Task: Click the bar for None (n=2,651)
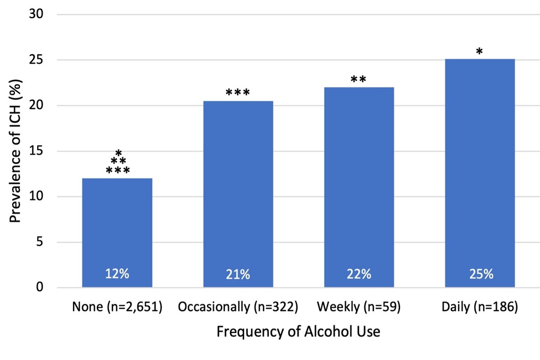(117, 233)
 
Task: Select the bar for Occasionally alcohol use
(238, 194)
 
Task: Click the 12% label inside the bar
(117, 274)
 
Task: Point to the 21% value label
(238, 274)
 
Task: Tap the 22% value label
(359, 274)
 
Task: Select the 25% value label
(480, 274)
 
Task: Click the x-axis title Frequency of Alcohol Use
(298, 332)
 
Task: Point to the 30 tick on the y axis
(37, 14)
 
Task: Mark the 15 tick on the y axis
(37, 151)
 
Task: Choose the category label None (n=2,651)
(117, 307)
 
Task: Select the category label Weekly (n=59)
(359, 307)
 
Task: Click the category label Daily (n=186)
(480, 307)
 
